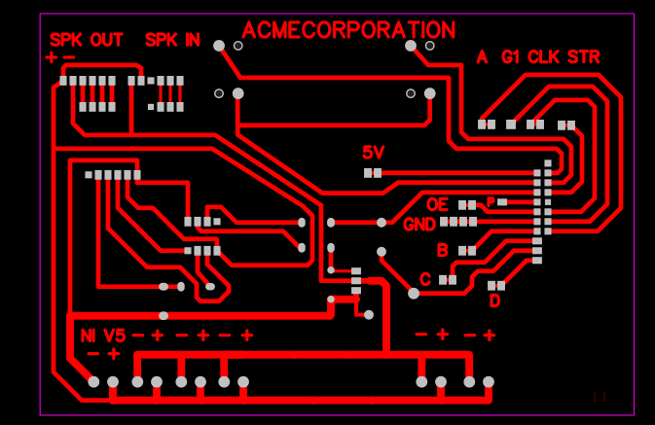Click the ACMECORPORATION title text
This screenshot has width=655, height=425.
pos(347,31)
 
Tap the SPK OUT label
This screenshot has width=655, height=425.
pos(87,41)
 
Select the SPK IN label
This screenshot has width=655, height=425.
pos(172,41)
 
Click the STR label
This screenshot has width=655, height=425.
pos(583,57)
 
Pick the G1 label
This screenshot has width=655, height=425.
pos(511,57)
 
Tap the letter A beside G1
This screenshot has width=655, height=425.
pos(482,57)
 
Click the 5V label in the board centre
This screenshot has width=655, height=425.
pos(374,153)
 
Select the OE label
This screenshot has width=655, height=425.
pos(437,204)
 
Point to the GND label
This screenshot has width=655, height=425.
pos(419,225)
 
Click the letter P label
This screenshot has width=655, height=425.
pos(491,202)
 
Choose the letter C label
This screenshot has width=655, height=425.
pos(425,279)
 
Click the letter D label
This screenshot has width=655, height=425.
pos(494,301)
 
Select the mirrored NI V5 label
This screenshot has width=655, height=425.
pos(103,336)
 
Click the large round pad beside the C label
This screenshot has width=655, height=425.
pos(414,293)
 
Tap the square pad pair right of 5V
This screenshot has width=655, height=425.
pos(373,173)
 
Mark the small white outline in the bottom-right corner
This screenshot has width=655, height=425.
pos(600,397)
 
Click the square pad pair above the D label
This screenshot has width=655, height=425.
pos(496,285)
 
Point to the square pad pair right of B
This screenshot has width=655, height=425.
pos(466,251)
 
